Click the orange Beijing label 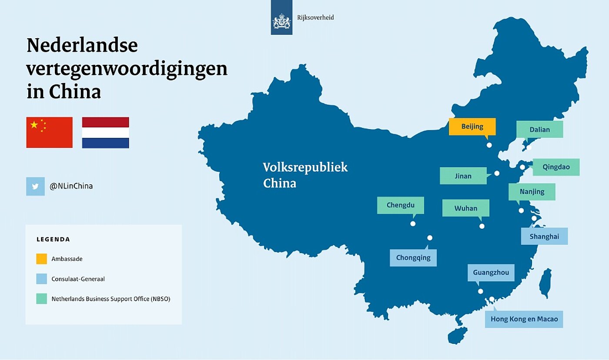tap(472, 127)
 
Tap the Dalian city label tap(540, 129)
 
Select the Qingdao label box tap(556, 167)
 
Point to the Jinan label tap(463, 176)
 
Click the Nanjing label tap(532, 192)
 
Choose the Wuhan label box tap(466, 208)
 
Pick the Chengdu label tap(401, 205)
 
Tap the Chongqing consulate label tap(413, 257)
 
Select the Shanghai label tap(544, 237)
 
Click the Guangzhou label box tap(491, 273)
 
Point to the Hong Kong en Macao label tap(524, 319)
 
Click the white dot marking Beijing tap(489, 145)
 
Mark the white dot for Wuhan tap(482, 227)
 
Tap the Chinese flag tap(50, 133)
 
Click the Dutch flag tap(105, 133)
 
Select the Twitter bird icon tap(35, 187)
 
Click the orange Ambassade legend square tap(42, 259)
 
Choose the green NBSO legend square tap(42, 299)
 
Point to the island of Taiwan tap(545, 283)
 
